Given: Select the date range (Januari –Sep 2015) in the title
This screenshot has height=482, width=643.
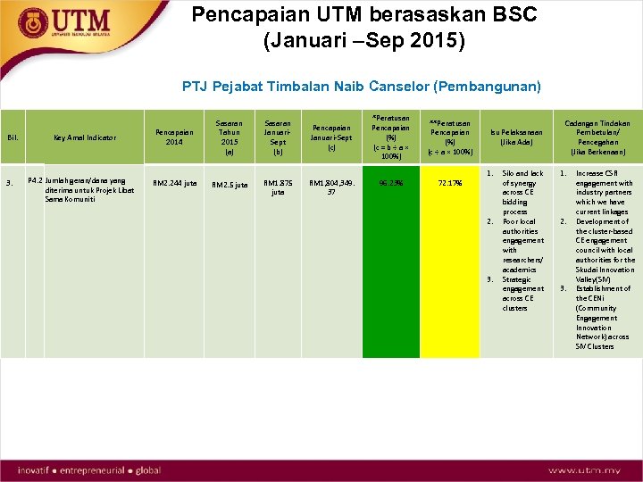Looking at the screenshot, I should click(364, 41).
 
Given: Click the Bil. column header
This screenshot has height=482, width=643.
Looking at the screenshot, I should click(13, 137).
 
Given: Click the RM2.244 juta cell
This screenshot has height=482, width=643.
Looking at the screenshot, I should click(174, 183).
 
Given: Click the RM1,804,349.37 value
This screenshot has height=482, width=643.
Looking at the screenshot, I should click(331, 187).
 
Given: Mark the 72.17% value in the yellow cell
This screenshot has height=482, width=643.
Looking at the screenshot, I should click(449, 183).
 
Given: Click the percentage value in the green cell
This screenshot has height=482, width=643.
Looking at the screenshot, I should click(390, 183).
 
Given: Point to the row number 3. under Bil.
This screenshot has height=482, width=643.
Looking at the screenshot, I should click(9, 183).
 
